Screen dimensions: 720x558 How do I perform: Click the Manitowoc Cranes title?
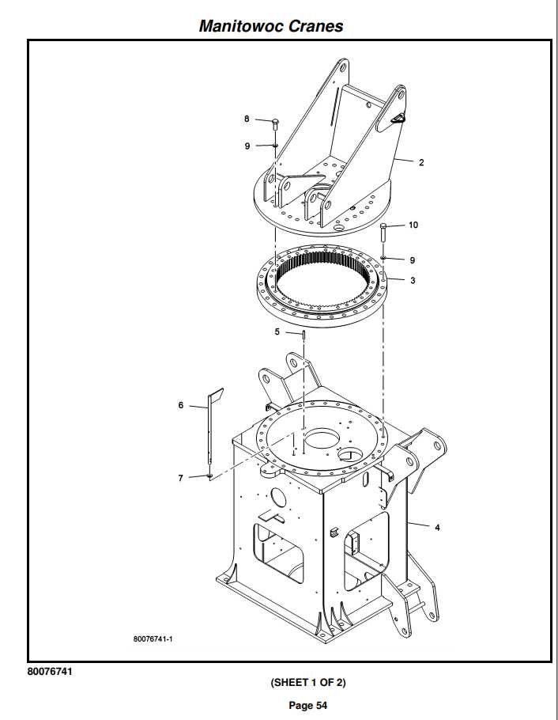point(271,25)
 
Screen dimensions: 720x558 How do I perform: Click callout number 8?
point(247,119)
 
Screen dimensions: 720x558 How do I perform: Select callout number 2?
point(421,163)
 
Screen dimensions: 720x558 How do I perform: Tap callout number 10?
point(413,225)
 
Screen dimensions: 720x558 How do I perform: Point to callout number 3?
point(412,279)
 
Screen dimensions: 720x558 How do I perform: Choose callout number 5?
point(277,332)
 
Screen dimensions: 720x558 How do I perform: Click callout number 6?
point(181,405)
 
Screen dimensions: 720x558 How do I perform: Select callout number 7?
point(181,478)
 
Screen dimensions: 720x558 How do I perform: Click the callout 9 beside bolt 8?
point(247,146)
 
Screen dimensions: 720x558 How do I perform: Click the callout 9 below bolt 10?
point(412,260)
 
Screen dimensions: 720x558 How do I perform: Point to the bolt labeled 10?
point(383,232)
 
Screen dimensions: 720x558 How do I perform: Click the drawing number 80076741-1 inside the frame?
point(153,639)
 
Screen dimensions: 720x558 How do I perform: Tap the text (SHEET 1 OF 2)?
point(308,682)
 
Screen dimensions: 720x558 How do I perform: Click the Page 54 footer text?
point(308,705)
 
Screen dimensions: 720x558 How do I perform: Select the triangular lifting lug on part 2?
point(398,118)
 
